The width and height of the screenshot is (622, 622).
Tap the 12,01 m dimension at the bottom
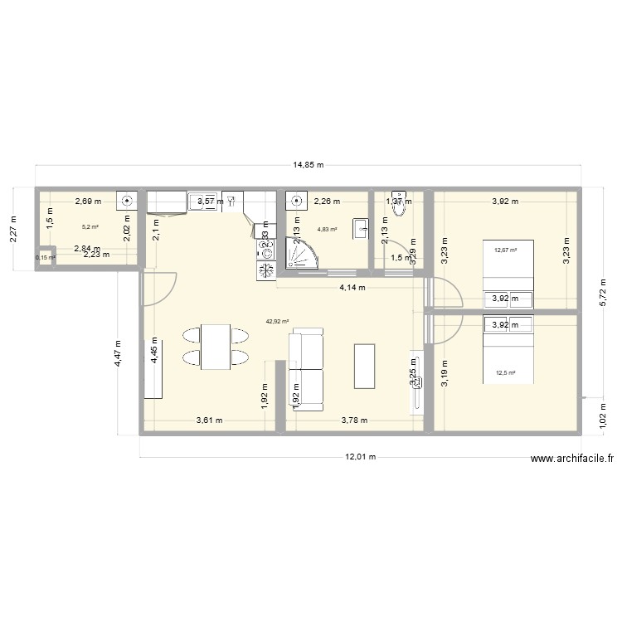coord(361,456)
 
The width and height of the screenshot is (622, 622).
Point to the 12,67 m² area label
coord(505,250)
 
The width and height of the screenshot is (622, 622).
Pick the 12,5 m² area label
coord(505,373)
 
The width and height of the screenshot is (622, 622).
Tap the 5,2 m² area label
coord(90,227)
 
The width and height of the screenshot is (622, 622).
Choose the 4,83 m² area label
coord(328,229)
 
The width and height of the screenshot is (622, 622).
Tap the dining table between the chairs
coord(216,346)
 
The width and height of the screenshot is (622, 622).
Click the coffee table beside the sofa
coord(364,366)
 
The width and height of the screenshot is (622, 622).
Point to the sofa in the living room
coord(306,369)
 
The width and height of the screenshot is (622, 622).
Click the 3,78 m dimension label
coord(354,420)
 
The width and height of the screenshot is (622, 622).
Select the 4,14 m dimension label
coord(353,288)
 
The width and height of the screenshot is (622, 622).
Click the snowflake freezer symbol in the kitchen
coord(266,270)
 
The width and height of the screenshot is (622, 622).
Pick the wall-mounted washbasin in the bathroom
coord(361,228)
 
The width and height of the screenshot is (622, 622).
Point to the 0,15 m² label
coord(45,258)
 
